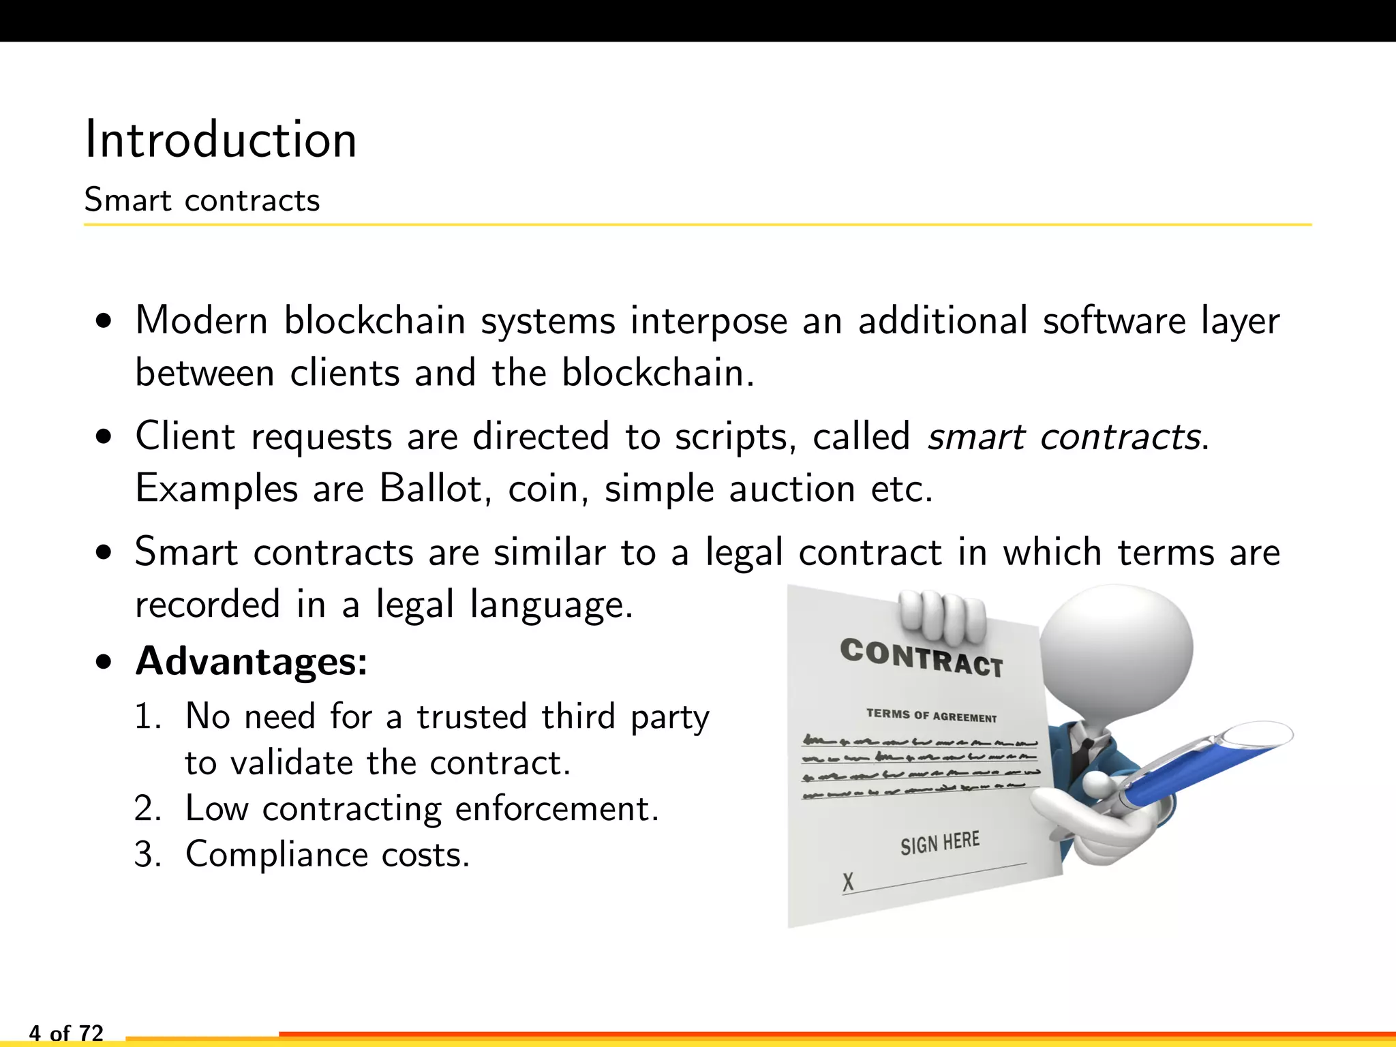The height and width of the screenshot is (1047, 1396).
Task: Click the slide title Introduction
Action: click(x=221, y=140)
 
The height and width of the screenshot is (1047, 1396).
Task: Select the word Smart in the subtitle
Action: click(x=127, y=200)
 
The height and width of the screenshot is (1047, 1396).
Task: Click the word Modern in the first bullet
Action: click(x=201, y=320)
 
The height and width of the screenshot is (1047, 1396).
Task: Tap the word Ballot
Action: click(x=430, y=489)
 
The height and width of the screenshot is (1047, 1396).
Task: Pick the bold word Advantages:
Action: click(x=252, y=661)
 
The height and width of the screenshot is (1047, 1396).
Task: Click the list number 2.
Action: click(x=147, y=809)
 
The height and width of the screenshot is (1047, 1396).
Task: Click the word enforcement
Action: click(x=556, y=809)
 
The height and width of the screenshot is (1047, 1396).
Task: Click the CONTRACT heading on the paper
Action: click(x=922, y=658)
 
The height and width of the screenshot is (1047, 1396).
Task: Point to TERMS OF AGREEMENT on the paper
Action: click(x=931, y=715)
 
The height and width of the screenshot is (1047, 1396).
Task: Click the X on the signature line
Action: click(x=848, y=882)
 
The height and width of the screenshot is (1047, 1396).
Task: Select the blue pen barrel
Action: click(x=1200, y=770)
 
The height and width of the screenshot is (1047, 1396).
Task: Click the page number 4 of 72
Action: click(x=66, y=1033)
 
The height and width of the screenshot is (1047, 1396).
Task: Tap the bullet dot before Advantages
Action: click(x=104, y=662)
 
